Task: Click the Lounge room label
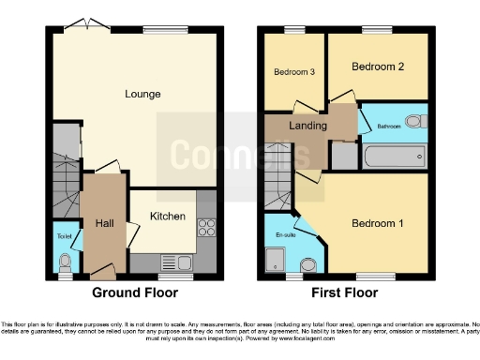142,94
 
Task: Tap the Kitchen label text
168,217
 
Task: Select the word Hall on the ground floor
103,223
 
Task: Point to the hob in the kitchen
206,228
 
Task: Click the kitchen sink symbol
177,262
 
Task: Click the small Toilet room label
65,235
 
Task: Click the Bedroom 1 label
378,223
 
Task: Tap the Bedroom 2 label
378,67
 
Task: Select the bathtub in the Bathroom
395,155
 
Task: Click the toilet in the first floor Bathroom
416,122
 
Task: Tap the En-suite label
285,235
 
